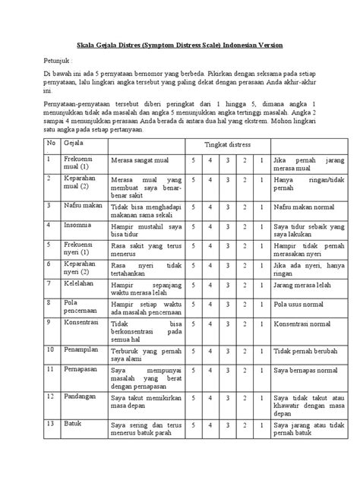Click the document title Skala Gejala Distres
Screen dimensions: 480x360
coord(180,46)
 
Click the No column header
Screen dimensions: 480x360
coord(52,143)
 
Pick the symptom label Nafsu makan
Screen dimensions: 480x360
coord(83,205)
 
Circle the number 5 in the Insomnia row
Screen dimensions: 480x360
coord(195,226)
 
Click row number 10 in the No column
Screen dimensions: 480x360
coord(52,349)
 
